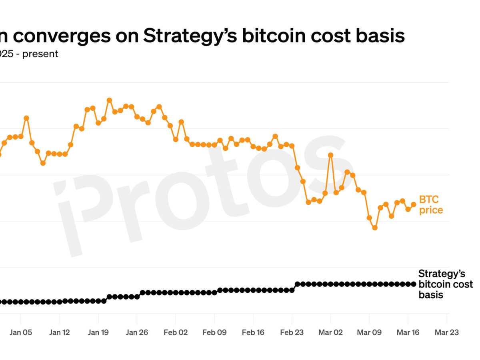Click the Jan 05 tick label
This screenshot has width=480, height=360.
(x=20, y=332)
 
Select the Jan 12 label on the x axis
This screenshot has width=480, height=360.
(x=59, y=332)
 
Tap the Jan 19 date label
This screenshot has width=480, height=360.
(x=98, y=332)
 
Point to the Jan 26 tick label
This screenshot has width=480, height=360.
(x=137, y=332)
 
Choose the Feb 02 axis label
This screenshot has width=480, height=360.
(x=176, y=332)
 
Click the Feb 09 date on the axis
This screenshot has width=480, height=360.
(x=214, y=332)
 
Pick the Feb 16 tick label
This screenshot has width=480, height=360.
(x=253, y=332)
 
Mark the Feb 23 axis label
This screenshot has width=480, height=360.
(x=292, y=332)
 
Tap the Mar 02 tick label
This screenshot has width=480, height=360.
(x=331, y=332)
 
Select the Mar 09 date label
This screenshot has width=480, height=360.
(x=370, y=332)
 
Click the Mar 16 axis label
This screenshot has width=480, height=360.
(x=408, y=332)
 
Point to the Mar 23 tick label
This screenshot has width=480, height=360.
(x=447, y=332)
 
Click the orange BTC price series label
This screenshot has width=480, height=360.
(x=431, y=205)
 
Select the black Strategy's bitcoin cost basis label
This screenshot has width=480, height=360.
(x=445, y=284)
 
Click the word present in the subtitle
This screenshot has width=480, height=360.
(x=40, y=54)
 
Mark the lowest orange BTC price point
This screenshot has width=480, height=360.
(x=375, y=228)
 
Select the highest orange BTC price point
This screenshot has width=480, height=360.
(x=109, y=100)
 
